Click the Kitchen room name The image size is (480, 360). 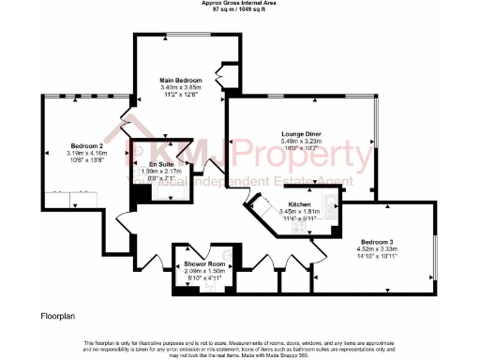tap(300, 203)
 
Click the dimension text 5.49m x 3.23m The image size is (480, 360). tap(301, 141)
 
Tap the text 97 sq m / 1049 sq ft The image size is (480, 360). tap(240, 9)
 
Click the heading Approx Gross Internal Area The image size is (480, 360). tap(240, 3)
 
